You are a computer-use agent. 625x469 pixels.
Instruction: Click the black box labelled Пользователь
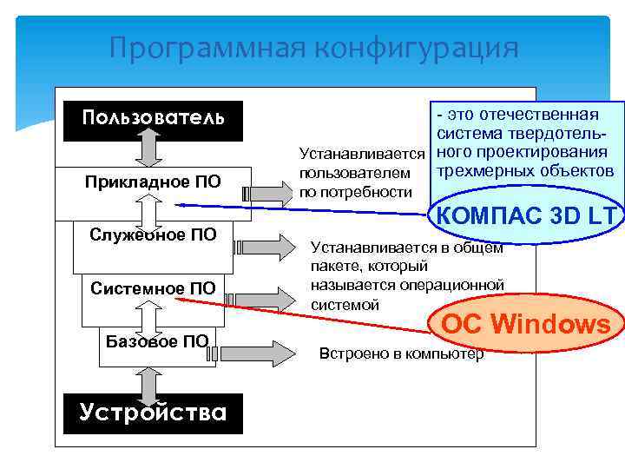pyautogui.click(x=153, y=117)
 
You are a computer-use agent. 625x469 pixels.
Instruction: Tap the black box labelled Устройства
pyautogui.click(x=153, y=412)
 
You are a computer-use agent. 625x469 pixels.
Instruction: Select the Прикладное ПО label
pyautogui.click(x=153, y=182)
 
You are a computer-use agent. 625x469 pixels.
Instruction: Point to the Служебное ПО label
pyautogui.click(x=153, y=234)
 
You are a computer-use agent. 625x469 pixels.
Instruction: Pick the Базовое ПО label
pyautogui.click(x=157, y=340)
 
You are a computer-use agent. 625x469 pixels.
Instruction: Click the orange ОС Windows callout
pyautogui.click(x=526, y=325)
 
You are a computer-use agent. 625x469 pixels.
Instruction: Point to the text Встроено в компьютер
pyautogui.click(x=401, y=354)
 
